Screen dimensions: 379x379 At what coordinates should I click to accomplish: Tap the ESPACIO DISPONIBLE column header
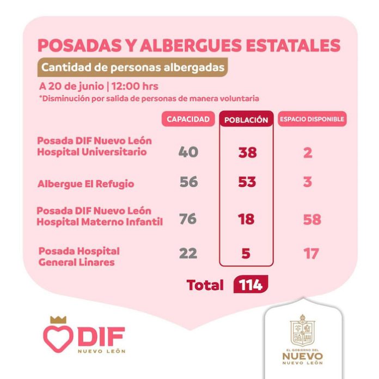312,120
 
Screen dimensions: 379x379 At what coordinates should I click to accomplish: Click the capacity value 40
188,152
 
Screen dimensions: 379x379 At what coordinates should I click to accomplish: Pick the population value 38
247,153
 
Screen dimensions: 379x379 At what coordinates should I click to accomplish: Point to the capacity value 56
188,182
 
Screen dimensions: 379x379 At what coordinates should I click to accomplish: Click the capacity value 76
188,219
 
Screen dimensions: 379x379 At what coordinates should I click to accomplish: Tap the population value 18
247,219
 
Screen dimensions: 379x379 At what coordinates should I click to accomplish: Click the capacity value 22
188,253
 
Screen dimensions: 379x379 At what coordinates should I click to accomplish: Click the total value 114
250,285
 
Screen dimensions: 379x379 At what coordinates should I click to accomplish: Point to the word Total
205,285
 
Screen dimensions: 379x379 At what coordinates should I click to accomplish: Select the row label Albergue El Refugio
85,184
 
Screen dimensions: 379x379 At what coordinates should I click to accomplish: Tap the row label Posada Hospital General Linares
78,256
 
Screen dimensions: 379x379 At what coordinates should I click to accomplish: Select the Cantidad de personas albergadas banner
132,68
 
